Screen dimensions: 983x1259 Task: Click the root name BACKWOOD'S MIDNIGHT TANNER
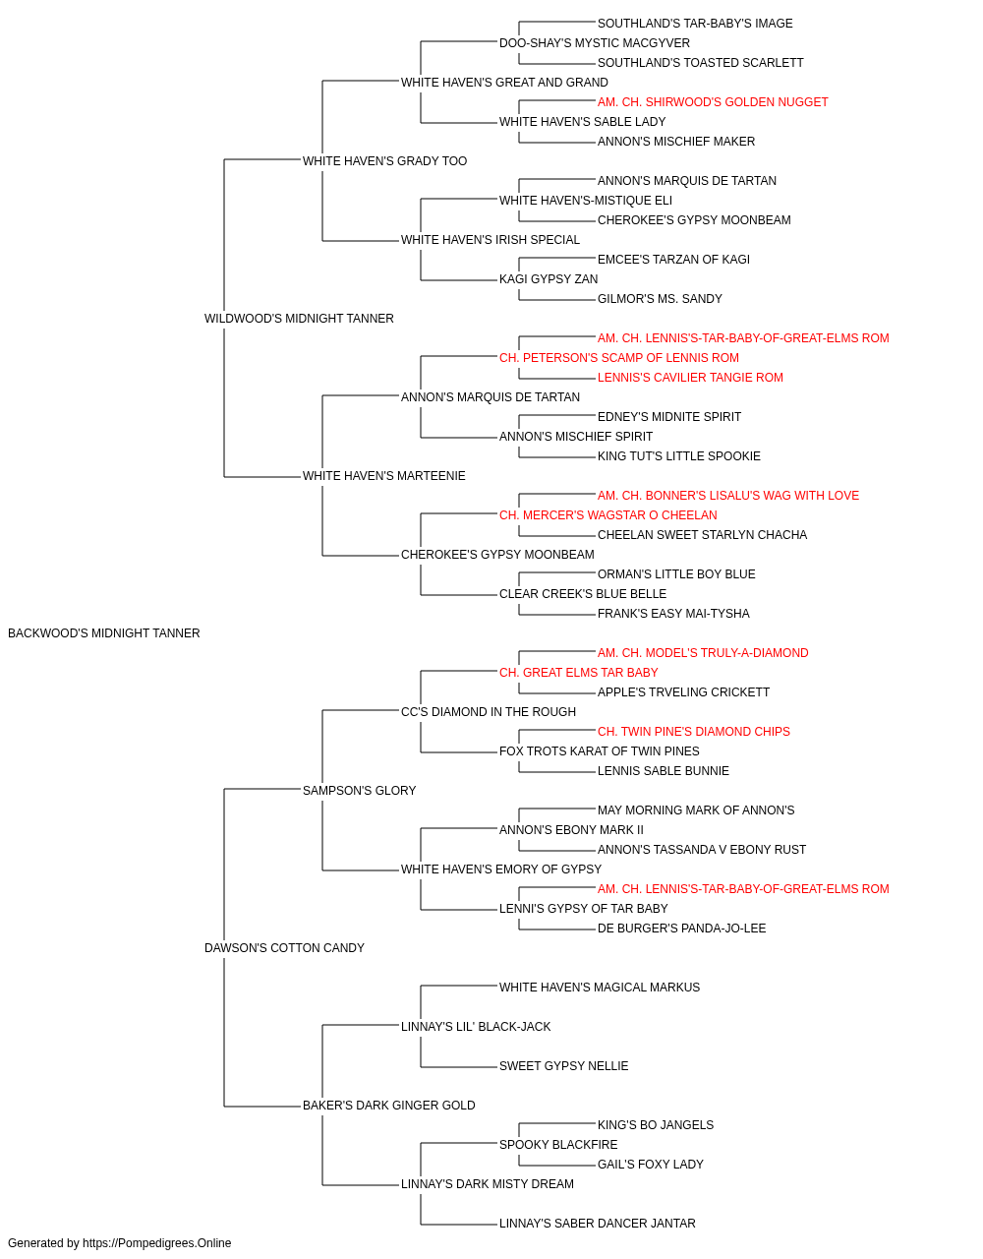coord(104,633)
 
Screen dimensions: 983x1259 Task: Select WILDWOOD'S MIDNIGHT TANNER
coord(299,319)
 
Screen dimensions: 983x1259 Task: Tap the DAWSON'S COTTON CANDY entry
coord(284,948)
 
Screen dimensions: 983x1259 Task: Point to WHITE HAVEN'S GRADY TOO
coord(384,161)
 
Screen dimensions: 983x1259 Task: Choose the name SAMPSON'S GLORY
coord(359,791)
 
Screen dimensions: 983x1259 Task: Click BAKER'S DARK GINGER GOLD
coord(388,1106)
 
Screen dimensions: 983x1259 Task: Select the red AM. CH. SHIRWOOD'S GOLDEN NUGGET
coord(713,102)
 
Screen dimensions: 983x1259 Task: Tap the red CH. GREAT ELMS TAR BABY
coord(578,673)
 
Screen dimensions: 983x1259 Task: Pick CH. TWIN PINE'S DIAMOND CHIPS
coord(694,732)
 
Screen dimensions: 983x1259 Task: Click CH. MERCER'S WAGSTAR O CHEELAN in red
coord(607,515)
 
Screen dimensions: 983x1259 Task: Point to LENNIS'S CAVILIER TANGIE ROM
coord(690,378)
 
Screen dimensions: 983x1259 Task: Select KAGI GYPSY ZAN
coord(549,279)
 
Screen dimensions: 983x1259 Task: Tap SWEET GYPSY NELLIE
coord(563,1066)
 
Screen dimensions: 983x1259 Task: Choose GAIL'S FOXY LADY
coord(650,1165)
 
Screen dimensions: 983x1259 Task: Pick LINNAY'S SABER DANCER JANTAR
coord(597,1224)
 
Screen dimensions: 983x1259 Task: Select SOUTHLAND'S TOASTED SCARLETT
coord(701,63)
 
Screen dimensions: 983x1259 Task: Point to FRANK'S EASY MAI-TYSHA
coord(673,614)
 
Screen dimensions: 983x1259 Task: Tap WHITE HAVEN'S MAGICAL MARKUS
coord(600,988)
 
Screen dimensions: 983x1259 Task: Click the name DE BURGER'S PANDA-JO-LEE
coord(681,929)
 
